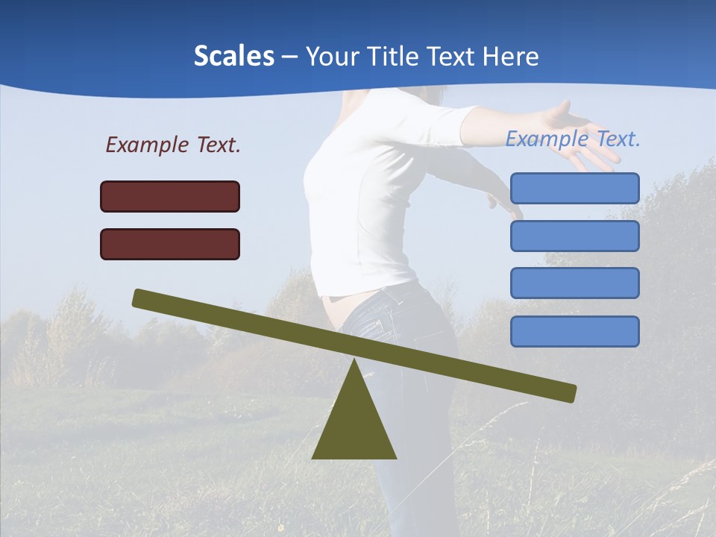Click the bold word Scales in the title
pyautogui.click(x=233, y=57)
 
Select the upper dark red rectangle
pyautogui.click(x=170, y=196)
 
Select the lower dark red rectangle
pyautogui.click(x=170, y=244)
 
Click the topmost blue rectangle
pyautogui.click(x=574, y=188)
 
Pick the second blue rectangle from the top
pyautogui.click(x=574, y=236)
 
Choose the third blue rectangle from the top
pyautogui.click(x=574, y=283)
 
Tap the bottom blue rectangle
pyautogui.click(x=574, y=331)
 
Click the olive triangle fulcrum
pyautogui.click(x=354, y=425)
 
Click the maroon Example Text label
pyautogui.click(x=173, y=145)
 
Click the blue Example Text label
pyautogui.click(x=573, y=139)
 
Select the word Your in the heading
pyautogui.click(x=328, y=57)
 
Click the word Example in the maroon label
pyautogui.click(x=147, y=145)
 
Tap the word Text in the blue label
pyautogui.click(x=617, y=139)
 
